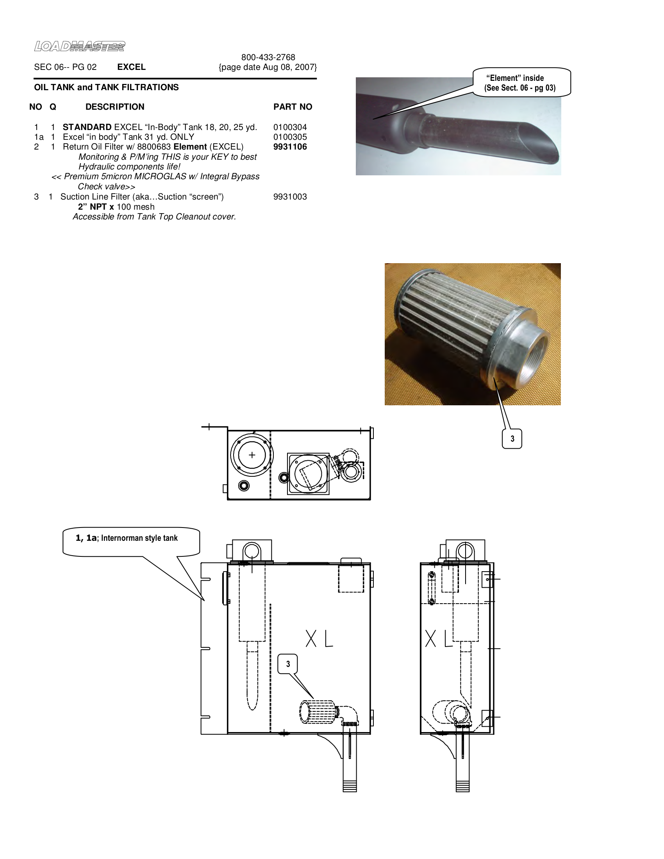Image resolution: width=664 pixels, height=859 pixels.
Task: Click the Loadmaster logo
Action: coord(79,46)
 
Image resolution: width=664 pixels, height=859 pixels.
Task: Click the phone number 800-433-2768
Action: coord(268,57)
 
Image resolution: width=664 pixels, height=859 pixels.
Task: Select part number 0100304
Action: coord(290,127)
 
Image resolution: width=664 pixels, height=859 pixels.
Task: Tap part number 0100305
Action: coord(290,137)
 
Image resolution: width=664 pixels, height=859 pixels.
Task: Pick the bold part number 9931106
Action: coord(290,147)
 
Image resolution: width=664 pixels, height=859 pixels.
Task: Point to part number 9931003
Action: coord(290,197)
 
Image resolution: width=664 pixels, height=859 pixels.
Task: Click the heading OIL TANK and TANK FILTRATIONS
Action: coord(106,87)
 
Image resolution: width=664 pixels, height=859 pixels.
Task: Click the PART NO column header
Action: coord(293,107)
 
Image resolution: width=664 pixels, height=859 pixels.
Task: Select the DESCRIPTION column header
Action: coord(115,107)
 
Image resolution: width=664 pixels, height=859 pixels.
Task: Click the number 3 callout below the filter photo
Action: coord(512,438)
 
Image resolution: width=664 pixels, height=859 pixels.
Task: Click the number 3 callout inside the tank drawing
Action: coord(288,664)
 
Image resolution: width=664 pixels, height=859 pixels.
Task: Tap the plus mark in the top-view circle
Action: coord(252,455)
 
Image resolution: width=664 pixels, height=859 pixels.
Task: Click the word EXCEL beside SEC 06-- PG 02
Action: coord(131,67)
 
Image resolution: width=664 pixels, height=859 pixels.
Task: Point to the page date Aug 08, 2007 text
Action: coord(268,67)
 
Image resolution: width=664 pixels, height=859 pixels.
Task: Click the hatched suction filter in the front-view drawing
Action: coord(317,712)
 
